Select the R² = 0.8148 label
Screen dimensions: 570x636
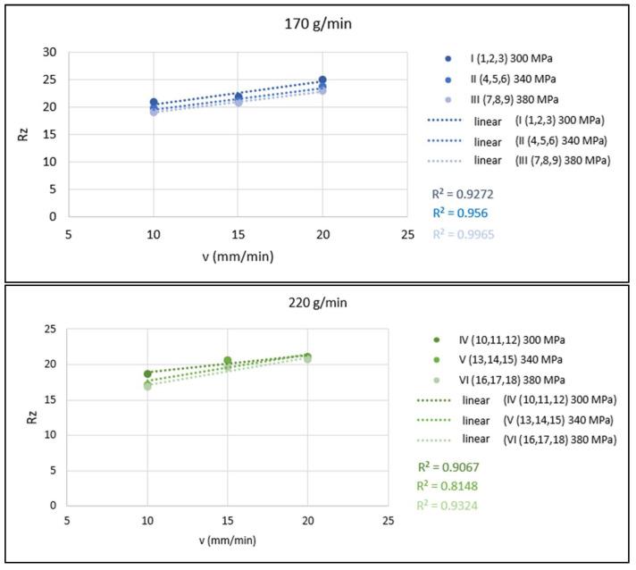[453, 486]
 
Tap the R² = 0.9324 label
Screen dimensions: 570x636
[453, 505]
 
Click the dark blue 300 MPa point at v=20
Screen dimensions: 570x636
[322, 80]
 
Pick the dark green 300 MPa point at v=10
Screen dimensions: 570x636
[148, 373]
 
